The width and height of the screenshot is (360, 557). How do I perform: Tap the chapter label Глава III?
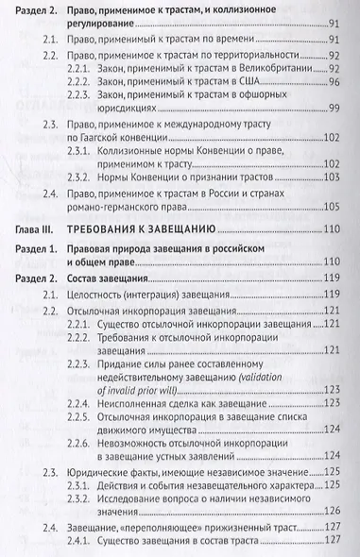pyautogui.click(x=36, y=257)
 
